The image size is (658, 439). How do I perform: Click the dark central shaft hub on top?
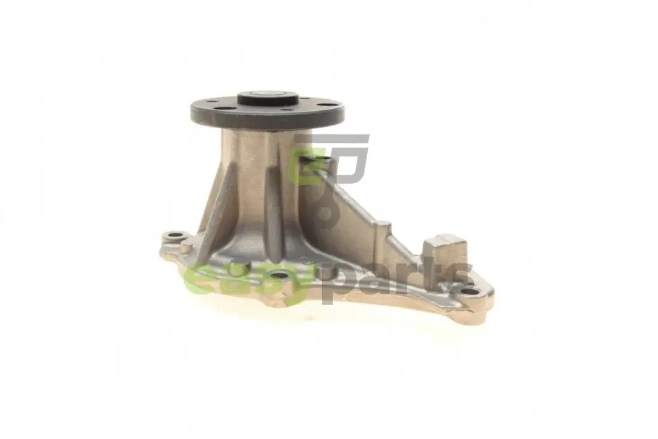pyautogui.click(x=268, y=99)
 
